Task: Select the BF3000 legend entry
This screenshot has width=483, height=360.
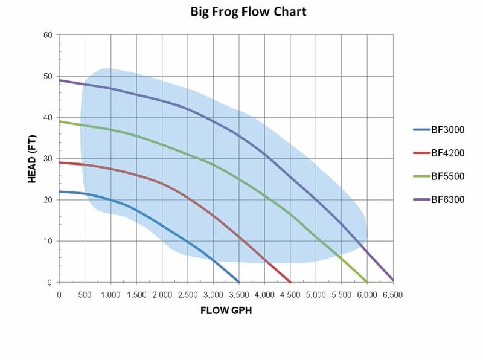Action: pos(447,129)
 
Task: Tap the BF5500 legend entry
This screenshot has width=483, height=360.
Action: pos(447,176)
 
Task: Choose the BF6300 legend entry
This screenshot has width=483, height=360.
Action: pos(447,200)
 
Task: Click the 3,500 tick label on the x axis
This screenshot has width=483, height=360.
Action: pos(239,294)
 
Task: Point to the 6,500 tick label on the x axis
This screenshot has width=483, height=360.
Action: pos(393,294)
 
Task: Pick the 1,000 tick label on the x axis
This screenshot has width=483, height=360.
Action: pos(110,294)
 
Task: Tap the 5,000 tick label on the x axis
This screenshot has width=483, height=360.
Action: pos(316,294)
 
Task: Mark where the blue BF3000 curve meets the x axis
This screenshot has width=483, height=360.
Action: pos(239,282)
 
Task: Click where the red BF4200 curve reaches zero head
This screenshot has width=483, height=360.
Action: pos(290,282)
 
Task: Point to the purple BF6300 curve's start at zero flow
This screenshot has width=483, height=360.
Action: pos(59,80)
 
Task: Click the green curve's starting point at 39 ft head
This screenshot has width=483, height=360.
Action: pos(59,121)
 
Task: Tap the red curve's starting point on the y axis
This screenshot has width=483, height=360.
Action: pos(59,162)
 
